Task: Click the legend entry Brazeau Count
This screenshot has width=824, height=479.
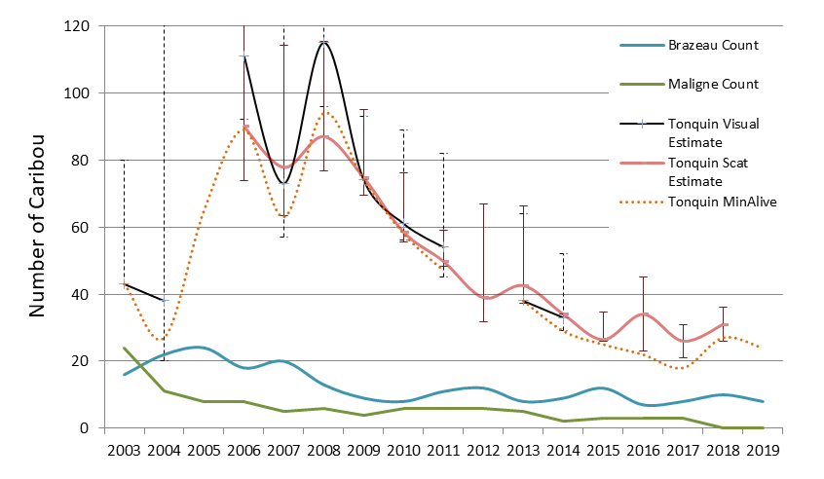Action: tap(713, 45)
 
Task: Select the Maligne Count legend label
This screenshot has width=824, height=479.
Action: tap(713, 84)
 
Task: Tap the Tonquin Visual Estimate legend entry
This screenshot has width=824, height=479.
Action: tap(713, 131)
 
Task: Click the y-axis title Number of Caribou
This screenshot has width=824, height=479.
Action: tap(40, 226)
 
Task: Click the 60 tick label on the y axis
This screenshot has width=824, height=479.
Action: tap(94, 227)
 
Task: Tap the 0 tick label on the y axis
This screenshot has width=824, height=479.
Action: tap(98, 428)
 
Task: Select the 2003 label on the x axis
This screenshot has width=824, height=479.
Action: tap(124, 452)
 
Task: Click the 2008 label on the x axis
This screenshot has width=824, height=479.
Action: tap(323, 452)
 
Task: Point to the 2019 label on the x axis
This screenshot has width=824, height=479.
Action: tap(763, 452)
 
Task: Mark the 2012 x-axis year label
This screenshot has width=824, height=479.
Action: tap(483, 452)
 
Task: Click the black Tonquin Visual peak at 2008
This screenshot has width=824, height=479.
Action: tap(323, 42)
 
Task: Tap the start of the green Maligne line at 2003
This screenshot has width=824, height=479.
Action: tap(124, 348)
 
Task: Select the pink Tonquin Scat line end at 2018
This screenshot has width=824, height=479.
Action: tap(723, 324)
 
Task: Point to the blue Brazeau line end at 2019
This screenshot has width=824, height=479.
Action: tap(763, 401)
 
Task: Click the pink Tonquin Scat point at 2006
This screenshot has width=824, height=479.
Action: tap(243, 127)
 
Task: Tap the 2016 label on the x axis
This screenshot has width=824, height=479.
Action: tap(643, 452)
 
